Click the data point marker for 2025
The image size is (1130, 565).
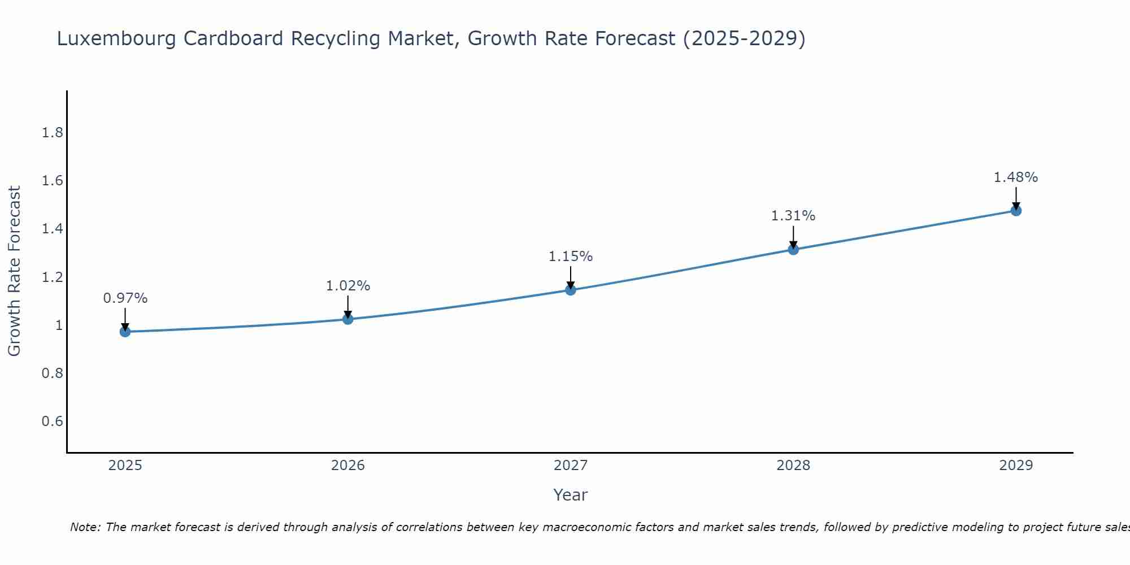pos(125,332)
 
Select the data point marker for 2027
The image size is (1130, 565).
pos(571,290)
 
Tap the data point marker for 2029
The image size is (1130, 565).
pos(1016,211)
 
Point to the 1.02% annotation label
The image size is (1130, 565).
pos(347,286)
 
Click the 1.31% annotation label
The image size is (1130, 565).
pos(793,216)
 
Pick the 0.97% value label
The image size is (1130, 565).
pos(125,298)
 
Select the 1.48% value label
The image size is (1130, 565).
pos(1016,177)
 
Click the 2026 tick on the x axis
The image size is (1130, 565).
pos(347,466)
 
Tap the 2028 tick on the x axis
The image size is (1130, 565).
pos(793,466)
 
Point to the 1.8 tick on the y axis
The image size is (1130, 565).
pos(52,133)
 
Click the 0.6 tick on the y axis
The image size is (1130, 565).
pos(52,421)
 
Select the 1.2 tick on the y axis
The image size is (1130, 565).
pos(52,277)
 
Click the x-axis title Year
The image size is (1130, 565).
pos(571,495)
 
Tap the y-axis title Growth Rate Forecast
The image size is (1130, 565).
pos(15,271)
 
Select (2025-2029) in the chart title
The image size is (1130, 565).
pos(744,39)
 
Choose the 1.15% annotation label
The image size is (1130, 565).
pos(571,257)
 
